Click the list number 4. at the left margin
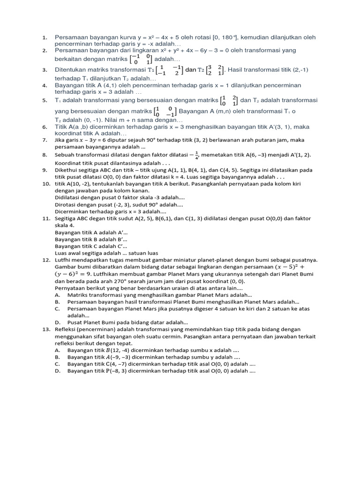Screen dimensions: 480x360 45,85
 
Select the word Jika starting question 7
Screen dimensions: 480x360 60,140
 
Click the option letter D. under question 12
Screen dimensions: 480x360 57,322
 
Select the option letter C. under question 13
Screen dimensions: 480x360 57,364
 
